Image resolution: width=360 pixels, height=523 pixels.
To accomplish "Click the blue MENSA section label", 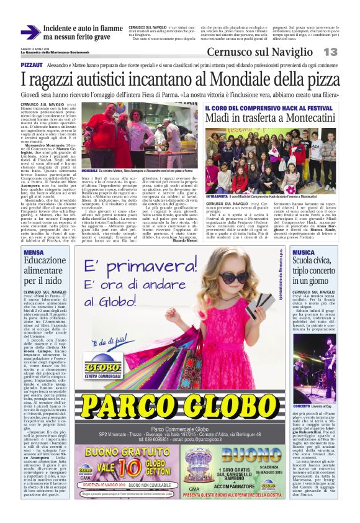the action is (x=34, y=252).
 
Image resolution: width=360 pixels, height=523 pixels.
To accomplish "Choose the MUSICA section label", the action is (x=304, y=252).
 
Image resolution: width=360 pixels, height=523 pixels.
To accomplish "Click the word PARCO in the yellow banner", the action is (x=130, y=406).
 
